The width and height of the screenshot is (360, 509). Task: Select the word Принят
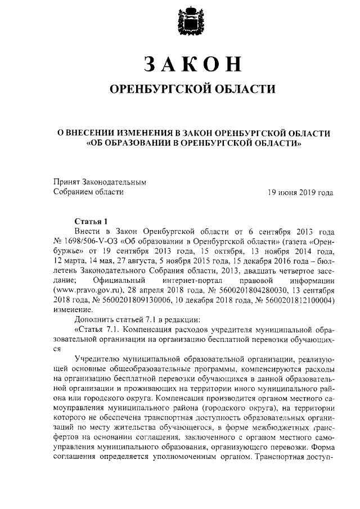[x=66, y=182]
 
